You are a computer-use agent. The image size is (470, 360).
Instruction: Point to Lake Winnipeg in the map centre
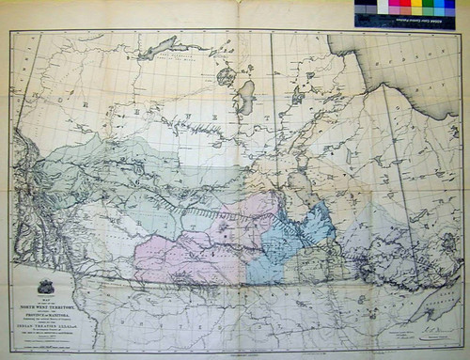(300, 188)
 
